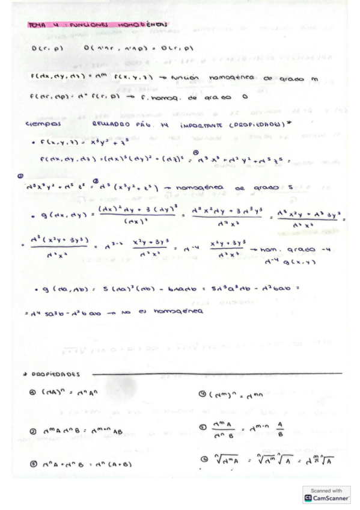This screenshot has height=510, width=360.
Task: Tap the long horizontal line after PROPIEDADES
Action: point(216,373)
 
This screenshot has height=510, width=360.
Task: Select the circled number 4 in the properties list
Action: point(203,395)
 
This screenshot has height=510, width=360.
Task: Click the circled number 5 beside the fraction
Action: point(203,427)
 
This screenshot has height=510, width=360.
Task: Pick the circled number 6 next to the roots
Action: point(203,459)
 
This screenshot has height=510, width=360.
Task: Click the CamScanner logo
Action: point(326,499)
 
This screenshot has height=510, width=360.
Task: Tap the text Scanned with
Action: point(326,491)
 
